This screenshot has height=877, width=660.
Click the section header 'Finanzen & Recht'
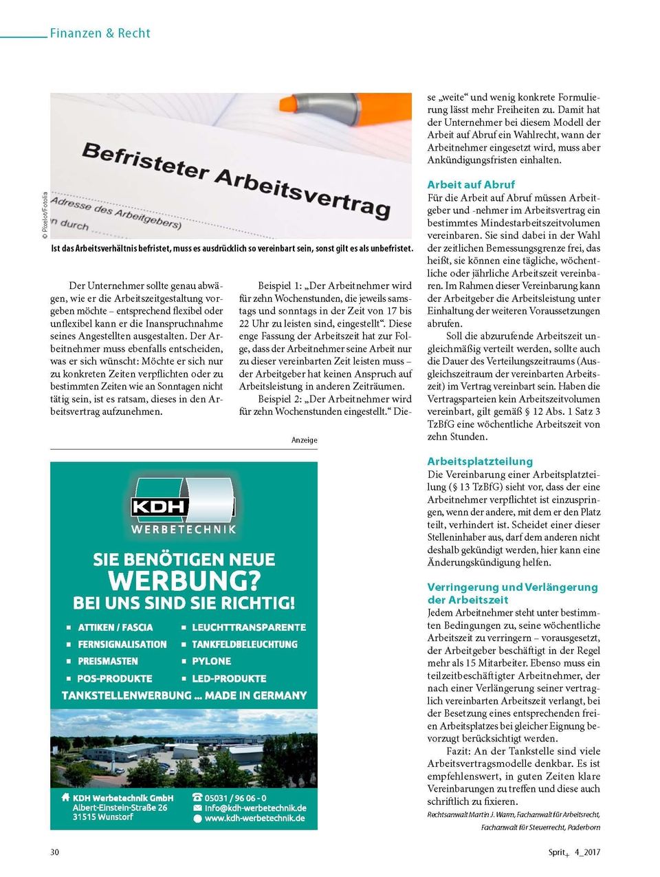(100, 33)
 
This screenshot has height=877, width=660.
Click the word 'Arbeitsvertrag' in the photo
(302, 190)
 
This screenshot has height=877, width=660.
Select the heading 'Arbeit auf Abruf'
(470, 184)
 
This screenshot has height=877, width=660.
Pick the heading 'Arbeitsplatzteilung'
(480, 462)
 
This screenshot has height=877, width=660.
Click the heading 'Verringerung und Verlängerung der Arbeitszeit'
(512, 593)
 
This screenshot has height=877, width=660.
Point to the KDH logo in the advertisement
(184, 506)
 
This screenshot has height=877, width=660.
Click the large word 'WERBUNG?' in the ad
(184, 581)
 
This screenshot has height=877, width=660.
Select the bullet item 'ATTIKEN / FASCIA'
(115, 627)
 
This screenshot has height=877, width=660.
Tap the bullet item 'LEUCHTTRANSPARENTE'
(248, 627)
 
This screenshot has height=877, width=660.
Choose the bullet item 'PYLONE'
(211, 661)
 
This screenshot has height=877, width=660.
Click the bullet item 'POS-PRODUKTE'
(114, 678)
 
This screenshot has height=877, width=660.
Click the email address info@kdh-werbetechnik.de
(255, 808)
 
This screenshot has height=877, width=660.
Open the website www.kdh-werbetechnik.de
(254, 819)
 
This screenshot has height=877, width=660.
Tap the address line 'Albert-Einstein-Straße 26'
(120, 808)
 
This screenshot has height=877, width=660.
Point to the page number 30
(55, 852)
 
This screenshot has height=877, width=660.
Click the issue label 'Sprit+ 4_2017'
(574, 852)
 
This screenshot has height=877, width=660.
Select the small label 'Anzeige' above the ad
(304, 440)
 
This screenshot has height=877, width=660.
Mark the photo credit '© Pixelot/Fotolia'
(45, 215)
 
